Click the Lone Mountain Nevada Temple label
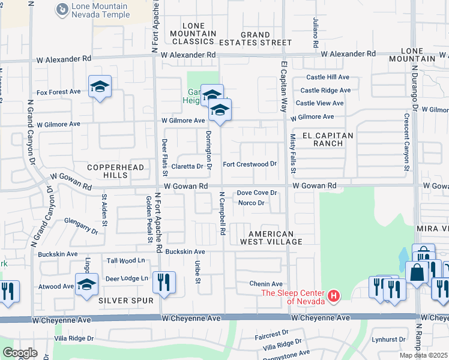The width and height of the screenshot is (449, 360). (101, 10)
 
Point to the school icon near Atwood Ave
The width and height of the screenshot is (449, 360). (86, 284)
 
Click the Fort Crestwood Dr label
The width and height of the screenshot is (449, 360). (249, 164)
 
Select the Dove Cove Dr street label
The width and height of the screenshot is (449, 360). (256, 193)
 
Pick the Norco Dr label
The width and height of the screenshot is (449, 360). (252, 203)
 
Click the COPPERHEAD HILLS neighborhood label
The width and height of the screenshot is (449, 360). (116, 171)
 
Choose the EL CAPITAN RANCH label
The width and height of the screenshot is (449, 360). (327, 139)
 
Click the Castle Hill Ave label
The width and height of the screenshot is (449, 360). (328, 77)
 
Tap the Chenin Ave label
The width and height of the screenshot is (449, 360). (267, 284)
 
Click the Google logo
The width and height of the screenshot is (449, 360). (19, 352)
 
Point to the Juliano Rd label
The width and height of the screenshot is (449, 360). (314, 32)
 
